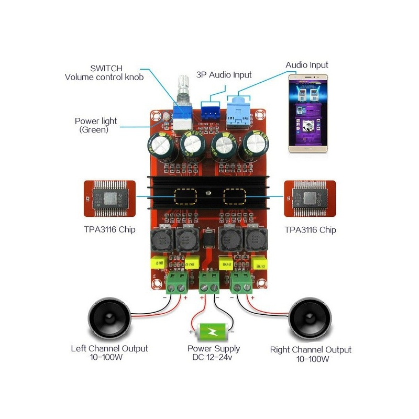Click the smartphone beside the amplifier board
pos(311,113)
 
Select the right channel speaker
pos(310,319)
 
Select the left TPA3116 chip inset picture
pos(109,199)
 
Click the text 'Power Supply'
pos(214,348)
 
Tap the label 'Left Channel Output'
pos(109,348)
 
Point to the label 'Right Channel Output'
pos(311,349)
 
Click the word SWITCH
pos(106,68)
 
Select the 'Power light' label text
pos(96,121)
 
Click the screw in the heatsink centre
pos(208,194)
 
